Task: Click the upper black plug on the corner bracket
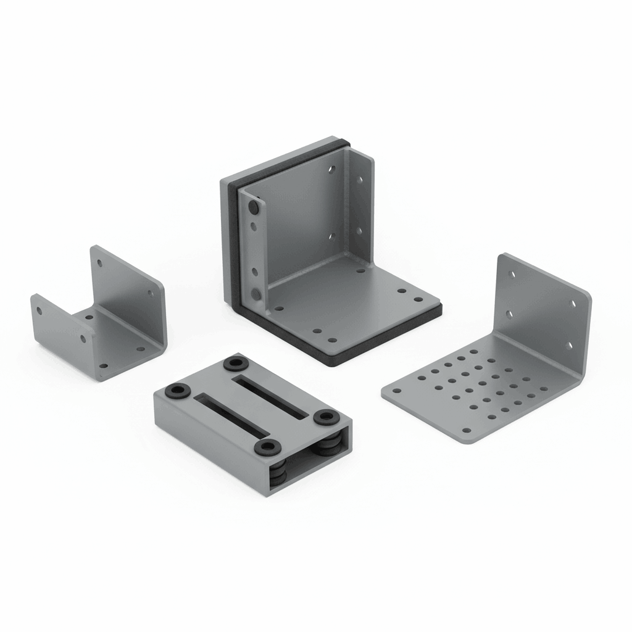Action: [253, 204]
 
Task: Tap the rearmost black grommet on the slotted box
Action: [235, 364]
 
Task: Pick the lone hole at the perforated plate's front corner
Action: [467, 431]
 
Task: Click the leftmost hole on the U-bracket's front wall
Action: [39, 310]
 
